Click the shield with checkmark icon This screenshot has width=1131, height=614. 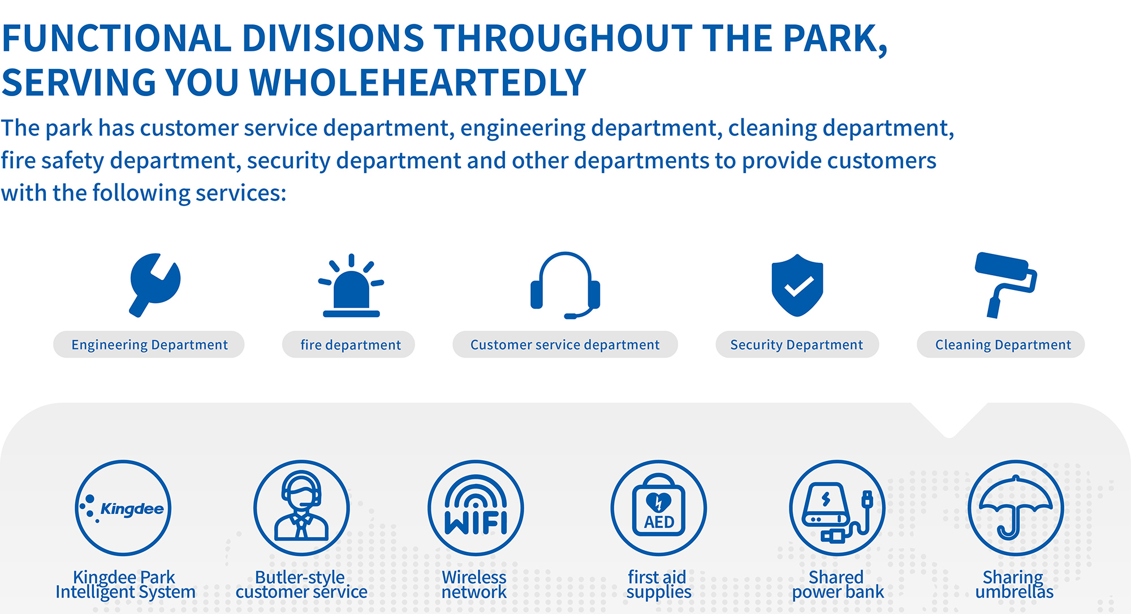[x=797, y=285]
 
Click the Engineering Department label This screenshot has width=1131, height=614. [x=149, y=344]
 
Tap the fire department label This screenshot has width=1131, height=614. [x=350, y=344]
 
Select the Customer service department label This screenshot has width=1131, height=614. [x=565, y=344]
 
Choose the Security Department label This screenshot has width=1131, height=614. [x=797, y=344]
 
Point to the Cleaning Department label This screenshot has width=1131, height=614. [x=1003, y=344]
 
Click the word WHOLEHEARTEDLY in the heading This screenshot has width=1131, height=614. [x=417, y=83]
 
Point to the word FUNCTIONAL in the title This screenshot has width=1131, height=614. [x=116, y=38]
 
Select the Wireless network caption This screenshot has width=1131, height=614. [x=474, y=585]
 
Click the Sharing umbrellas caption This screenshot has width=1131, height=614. [x=1014, y=585]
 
